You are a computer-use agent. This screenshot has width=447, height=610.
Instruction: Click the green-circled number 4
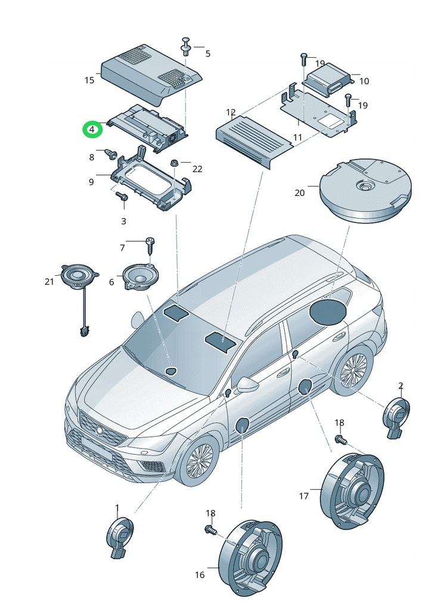point(92,129)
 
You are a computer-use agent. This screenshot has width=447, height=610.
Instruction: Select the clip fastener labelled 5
point(187,47)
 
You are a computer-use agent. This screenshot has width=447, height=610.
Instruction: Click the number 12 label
point(231,112)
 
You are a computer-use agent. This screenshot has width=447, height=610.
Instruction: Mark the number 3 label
point(124,222)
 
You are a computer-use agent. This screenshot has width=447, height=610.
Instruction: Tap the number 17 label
point(304,496)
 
